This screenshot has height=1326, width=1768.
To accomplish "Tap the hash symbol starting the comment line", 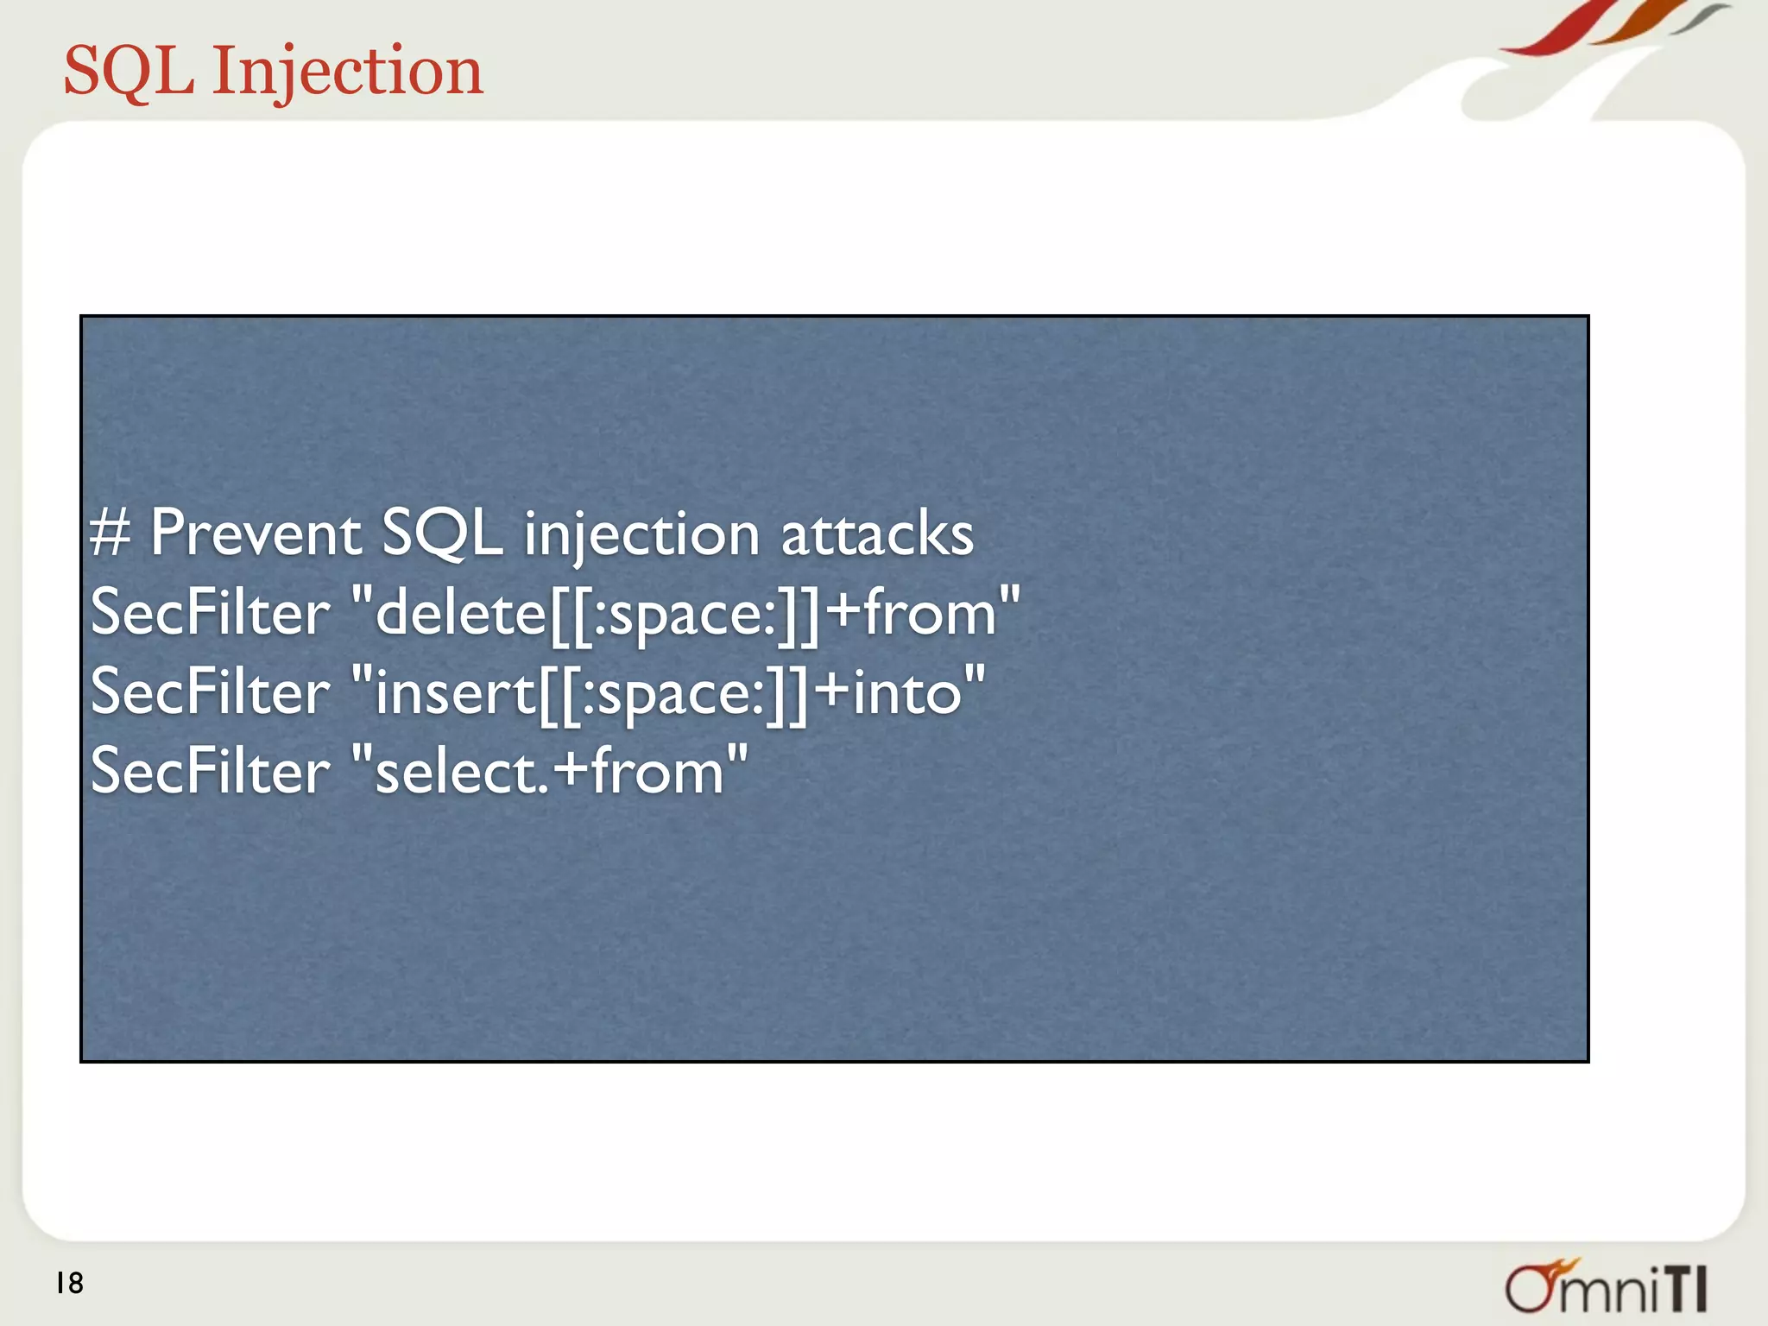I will pos(110,534).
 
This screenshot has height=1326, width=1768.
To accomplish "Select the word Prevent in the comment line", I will pos(256,534).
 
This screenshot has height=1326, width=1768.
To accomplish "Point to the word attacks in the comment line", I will pos(877,534).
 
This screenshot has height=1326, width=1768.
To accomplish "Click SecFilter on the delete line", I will pos(210,612).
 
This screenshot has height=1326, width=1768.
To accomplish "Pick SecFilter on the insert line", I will pos(210,691).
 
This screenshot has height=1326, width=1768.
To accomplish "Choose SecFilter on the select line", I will pos(210,771).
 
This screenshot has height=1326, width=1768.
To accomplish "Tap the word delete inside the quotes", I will pos(461,612).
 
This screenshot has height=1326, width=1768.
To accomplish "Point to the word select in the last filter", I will pos(456,771).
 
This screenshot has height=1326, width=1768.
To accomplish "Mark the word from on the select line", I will pos(658,771).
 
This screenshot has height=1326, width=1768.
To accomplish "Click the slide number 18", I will pos(70,1284).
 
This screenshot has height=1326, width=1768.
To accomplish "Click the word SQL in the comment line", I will pos(441,534).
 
